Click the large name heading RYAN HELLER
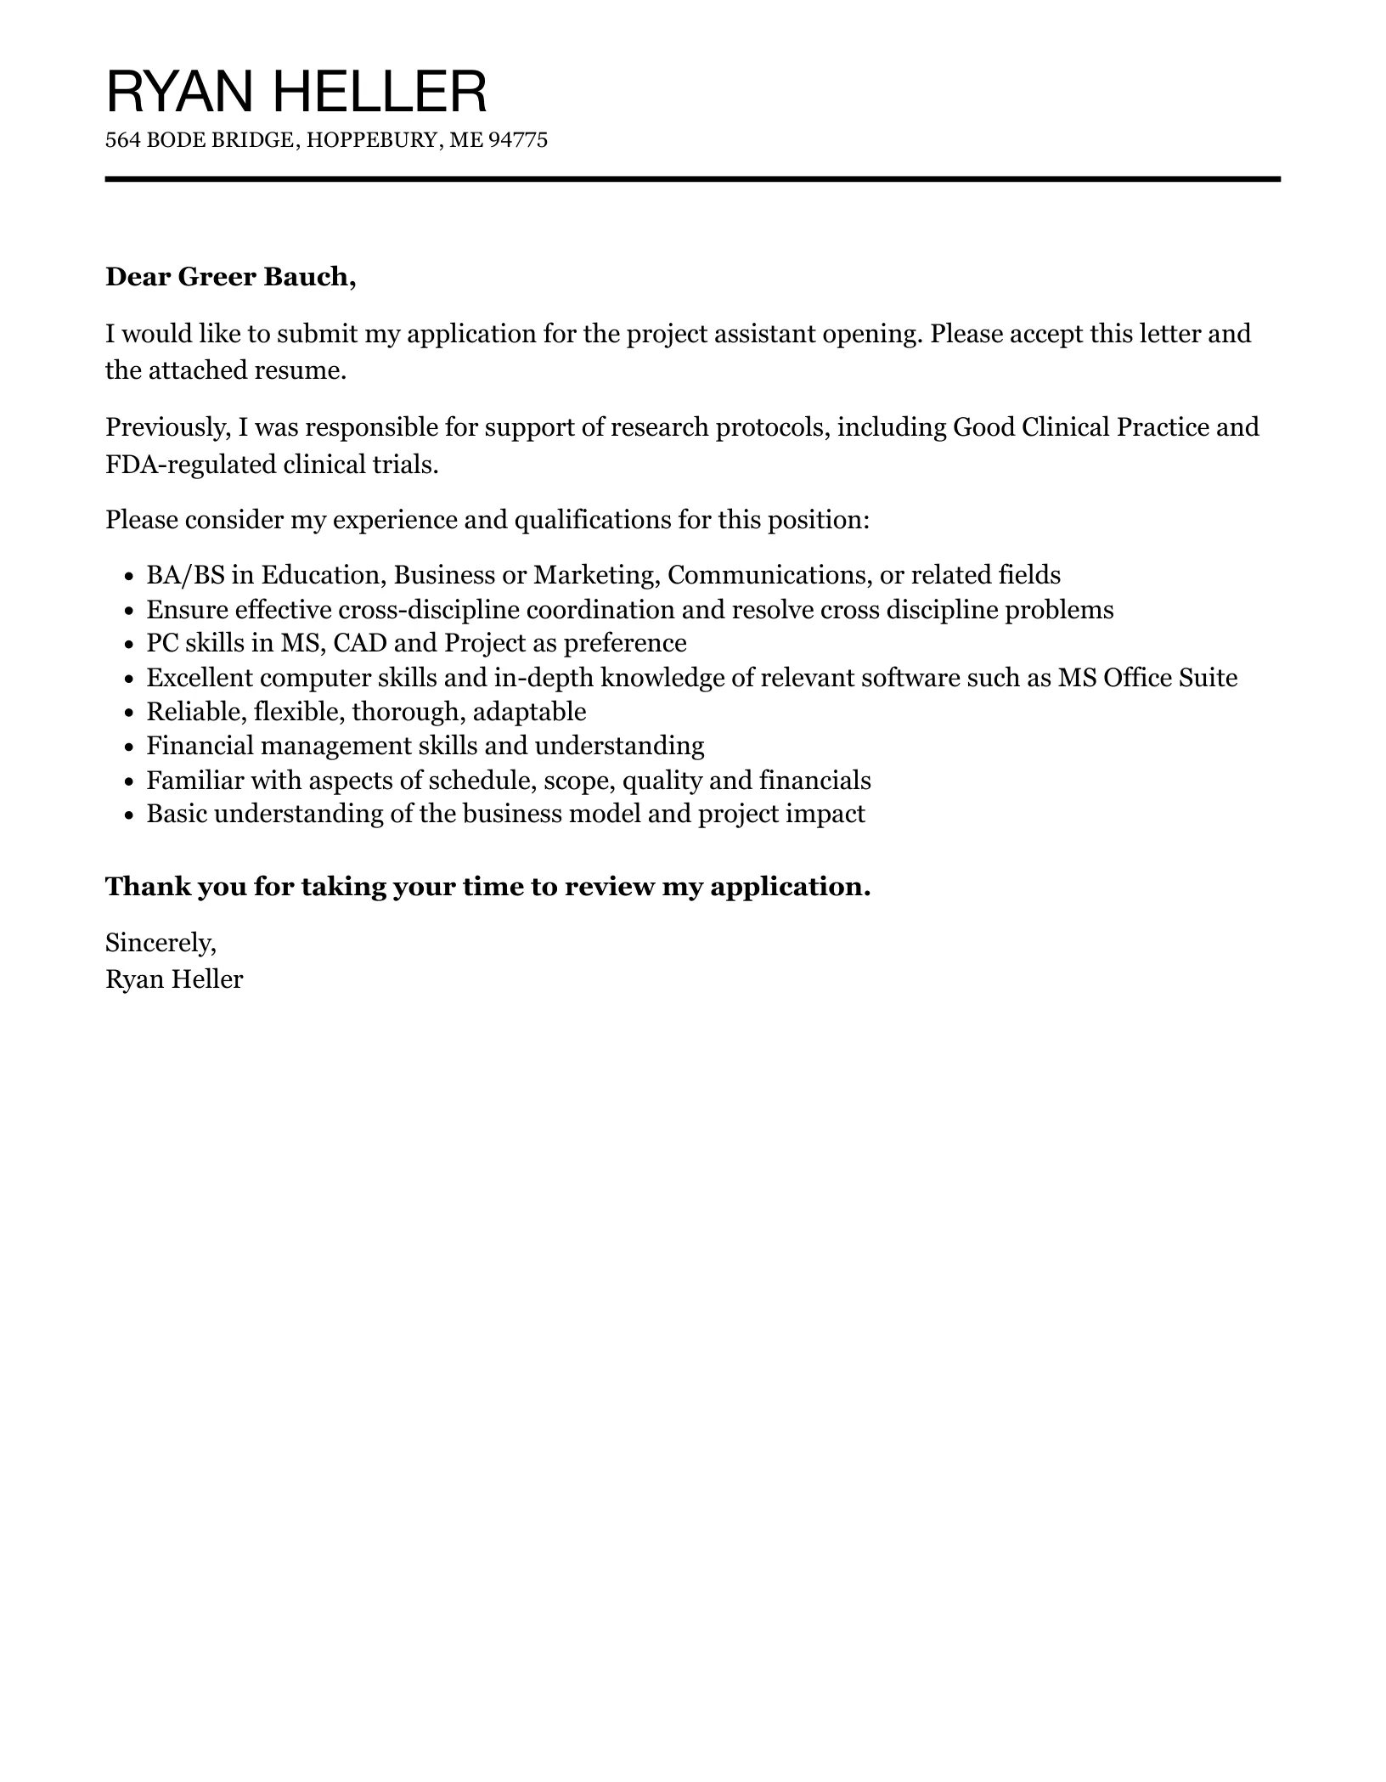(x=296, y=92)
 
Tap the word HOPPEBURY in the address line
(x=374, y=140)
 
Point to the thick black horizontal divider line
(x=692, y=179)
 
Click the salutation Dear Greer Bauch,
(x=230, y=277)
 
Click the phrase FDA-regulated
(x=182, y=465)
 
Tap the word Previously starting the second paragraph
(x=167, y=426)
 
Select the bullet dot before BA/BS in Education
(x=129, y=577)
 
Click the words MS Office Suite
(x=1147, y=678)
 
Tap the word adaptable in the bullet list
(x=529, y=712)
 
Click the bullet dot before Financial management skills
(x=129, y=747)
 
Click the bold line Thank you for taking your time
(x=487, y=887)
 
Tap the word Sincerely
(x=161, y=942)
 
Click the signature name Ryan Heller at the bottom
(x=174, y=979)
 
